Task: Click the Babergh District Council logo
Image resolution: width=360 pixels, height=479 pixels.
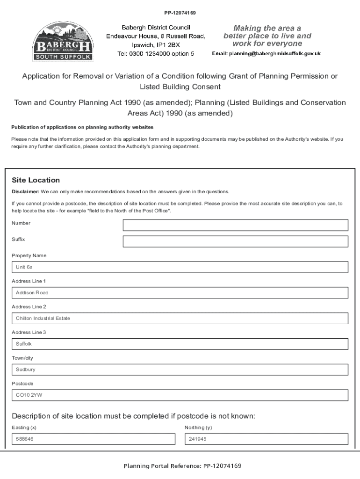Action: click(x=63, y=41)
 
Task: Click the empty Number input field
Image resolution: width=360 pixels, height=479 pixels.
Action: click(x=235, y=225)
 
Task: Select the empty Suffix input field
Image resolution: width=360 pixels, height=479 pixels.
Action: click(x=235, y=241)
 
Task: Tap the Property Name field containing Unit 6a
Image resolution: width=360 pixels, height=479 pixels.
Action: click(x=180, y=267)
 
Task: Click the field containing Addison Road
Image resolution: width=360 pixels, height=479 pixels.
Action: click(x=180, y=293)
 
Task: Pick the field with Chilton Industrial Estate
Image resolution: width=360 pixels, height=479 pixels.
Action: click(x=180, y=319)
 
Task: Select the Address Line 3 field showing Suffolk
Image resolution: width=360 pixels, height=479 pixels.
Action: click(x=180, y=344)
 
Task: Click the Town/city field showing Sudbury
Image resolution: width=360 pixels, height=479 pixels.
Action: click(x=180, y=370)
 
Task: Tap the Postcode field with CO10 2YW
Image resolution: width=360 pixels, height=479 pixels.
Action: click(x=180, y=395)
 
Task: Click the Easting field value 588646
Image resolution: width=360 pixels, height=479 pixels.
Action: click(x=93, y=439)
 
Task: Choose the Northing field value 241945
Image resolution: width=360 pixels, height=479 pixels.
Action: click(x=266, y=439)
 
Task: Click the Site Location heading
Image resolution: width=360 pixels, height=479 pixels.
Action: click(x=36, y=180)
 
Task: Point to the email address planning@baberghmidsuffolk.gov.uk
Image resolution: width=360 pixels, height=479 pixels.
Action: click(x=266, y=54)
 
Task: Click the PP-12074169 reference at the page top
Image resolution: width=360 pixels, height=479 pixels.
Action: click(x=180, y=12)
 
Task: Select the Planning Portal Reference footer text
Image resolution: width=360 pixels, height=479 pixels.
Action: click(x=182, y=466)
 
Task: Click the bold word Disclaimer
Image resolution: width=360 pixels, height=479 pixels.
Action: click(x=25, y=192)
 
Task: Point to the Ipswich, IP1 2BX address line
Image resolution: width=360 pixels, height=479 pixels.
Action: click(x=156, y=45)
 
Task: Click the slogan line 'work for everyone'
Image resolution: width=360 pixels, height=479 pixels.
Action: click(x=267, y=44)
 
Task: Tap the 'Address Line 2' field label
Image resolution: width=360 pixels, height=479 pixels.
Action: click(x=29, y=307)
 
